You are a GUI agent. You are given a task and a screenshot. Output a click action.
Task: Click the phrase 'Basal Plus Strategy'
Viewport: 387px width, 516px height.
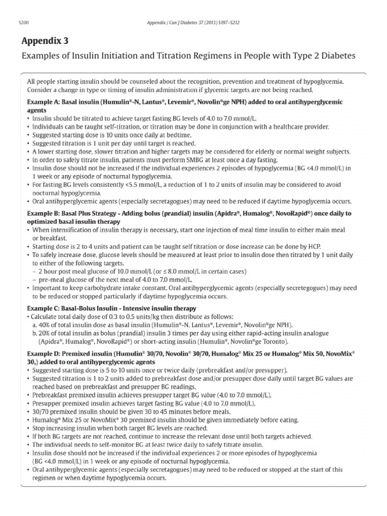point(94,214)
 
